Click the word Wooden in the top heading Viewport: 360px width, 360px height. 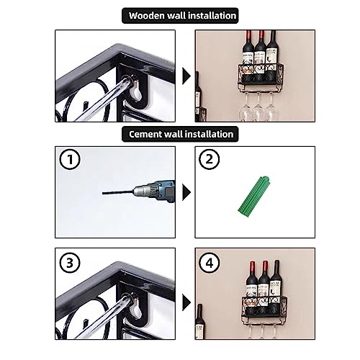[147, 16]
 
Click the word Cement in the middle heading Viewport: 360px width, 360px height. [145, 134]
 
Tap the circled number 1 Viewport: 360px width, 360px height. [70, 159]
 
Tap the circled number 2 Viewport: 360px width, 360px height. [210, 159]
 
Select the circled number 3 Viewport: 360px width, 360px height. [70, 263]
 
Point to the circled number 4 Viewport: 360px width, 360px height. [210, 263]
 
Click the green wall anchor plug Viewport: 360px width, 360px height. [254, 194]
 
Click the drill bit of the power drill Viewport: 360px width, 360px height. [117, 192]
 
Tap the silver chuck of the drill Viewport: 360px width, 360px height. [142, 192]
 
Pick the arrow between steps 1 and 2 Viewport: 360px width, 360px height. [186, 192]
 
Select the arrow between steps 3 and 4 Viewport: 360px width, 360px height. [186, 302]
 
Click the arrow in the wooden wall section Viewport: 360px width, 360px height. [186, 76]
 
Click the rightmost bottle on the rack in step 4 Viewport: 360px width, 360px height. [276, 283]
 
